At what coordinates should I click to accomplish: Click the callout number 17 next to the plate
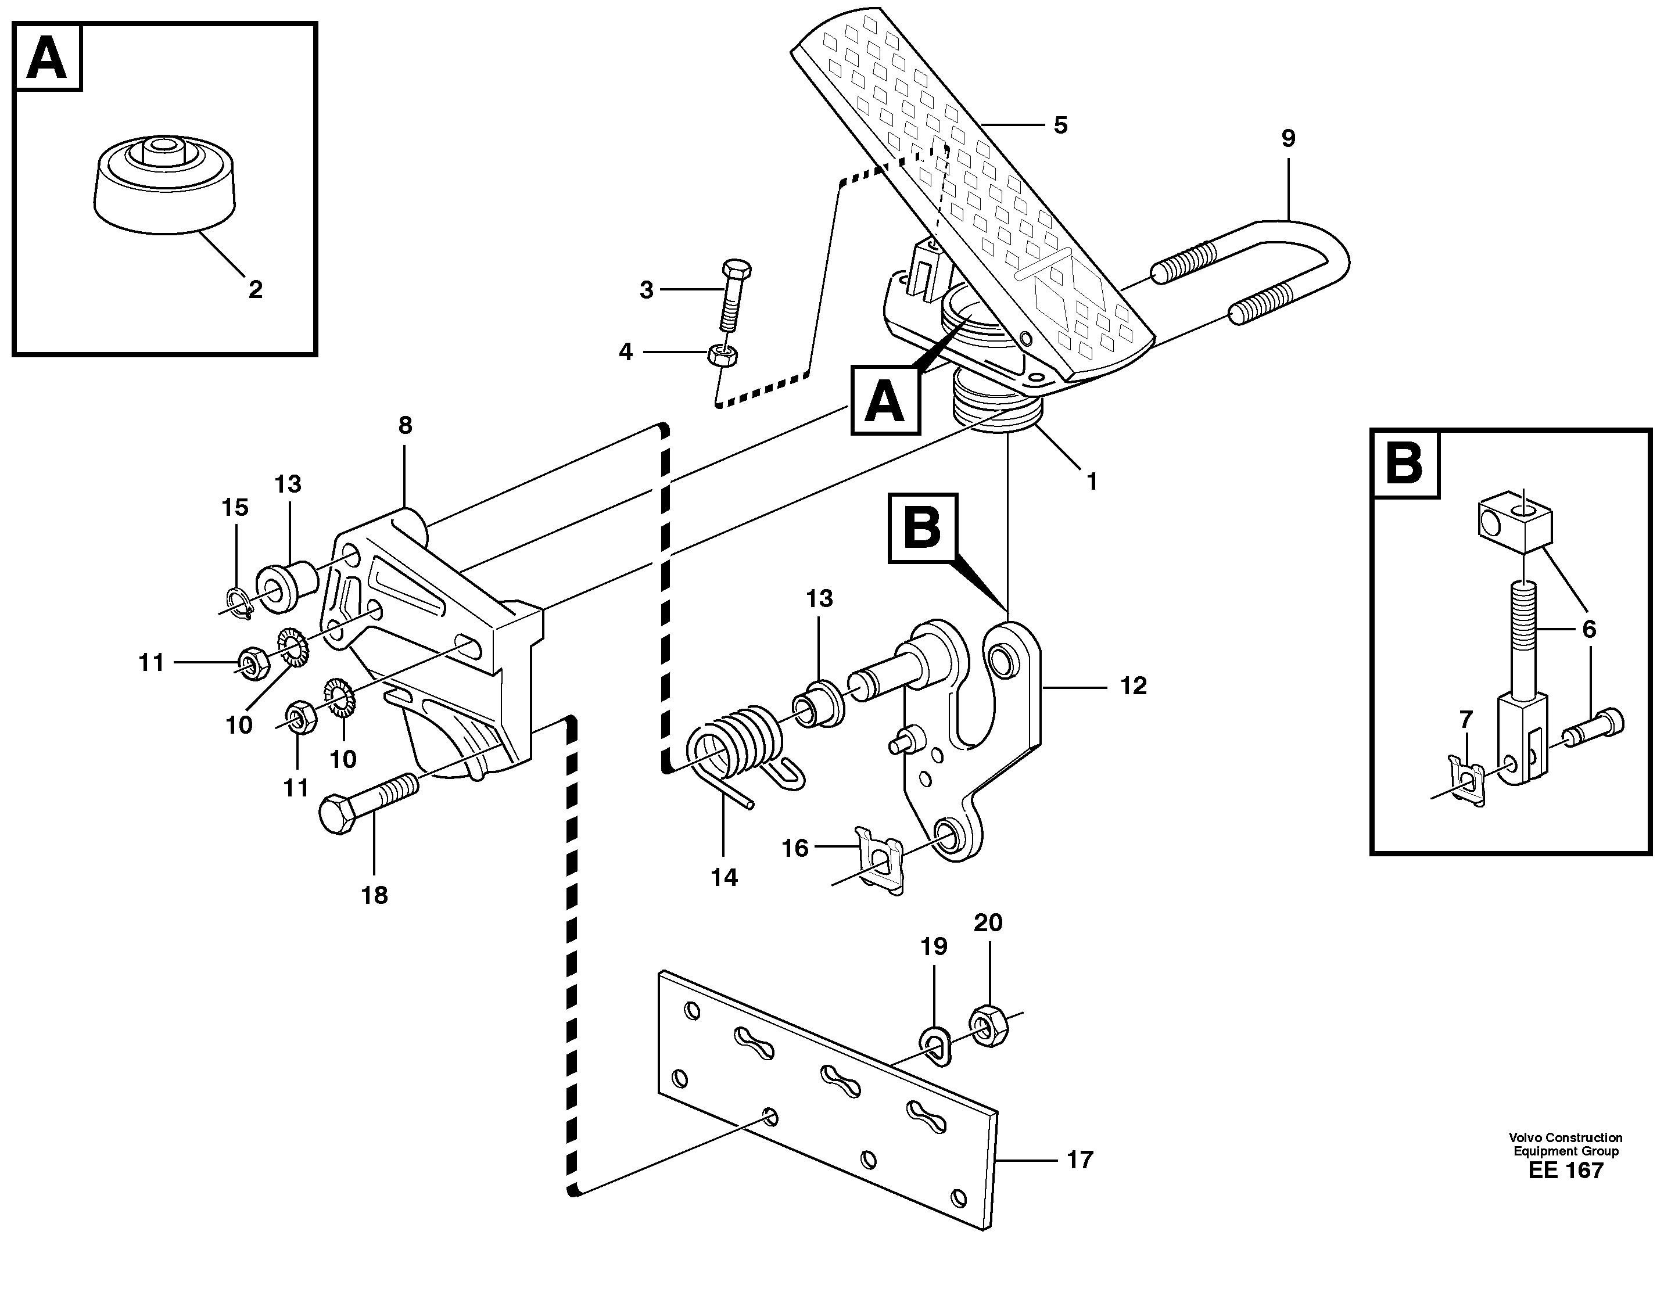click(1080, 1160)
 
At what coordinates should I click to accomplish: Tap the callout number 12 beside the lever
click(1133, 686)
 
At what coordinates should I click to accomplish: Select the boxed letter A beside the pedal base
click(885, 400)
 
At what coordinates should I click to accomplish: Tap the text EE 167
click(1566, 1191)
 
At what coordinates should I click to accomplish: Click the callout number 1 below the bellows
click(1092, 482)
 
